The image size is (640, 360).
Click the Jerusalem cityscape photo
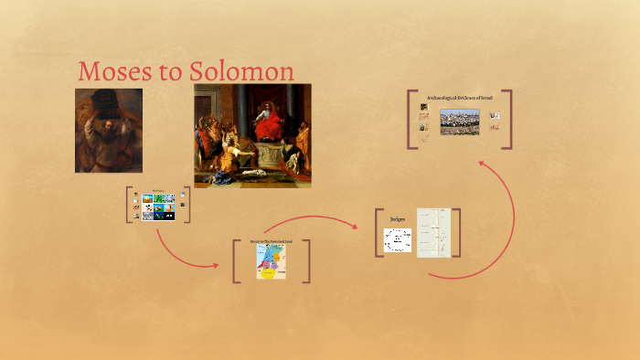tap(459, 122)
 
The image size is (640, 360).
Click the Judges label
tap(398, 219)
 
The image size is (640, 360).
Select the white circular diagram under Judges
tap(398, 240)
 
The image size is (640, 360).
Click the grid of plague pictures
tap(158, 207)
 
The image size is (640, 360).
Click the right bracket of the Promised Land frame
tap(308, 260)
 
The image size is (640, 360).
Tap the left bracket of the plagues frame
tap(129, 205)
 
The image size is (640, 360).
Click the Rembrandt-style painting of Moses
tap(108, 131)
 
